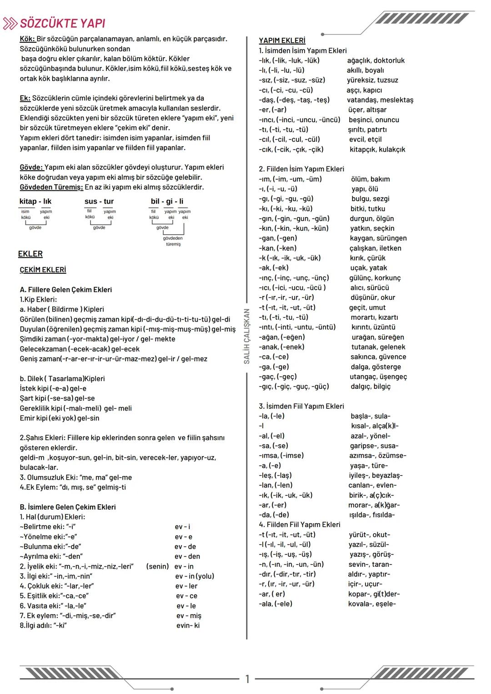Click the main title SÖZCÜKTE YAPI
63,24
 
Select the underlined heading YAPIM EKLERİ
282,40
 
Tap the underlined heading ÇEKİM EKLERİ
43,270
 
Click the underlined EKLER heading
30,254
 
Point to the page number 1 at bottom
247,679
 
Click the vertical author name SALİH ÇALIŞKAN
247,336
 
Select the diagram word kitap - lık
35,201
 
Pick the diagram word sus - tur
99,201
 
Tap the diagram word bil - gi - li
167,201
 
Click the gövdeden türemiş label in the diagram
173,241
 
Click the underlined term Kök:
27,39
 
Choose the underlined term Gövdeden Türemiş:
51,187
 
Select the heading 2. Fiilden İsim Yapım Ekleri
301,169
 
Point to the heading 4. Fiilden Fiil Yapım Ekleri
300,525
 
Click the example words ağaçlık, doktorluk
376,60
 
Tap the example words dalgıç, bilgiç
371,387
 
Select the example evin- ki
188,625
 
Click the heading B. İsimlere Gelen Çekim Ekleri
68,507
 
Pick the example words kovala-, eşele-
372,604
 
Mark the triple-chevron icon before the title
10,24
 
